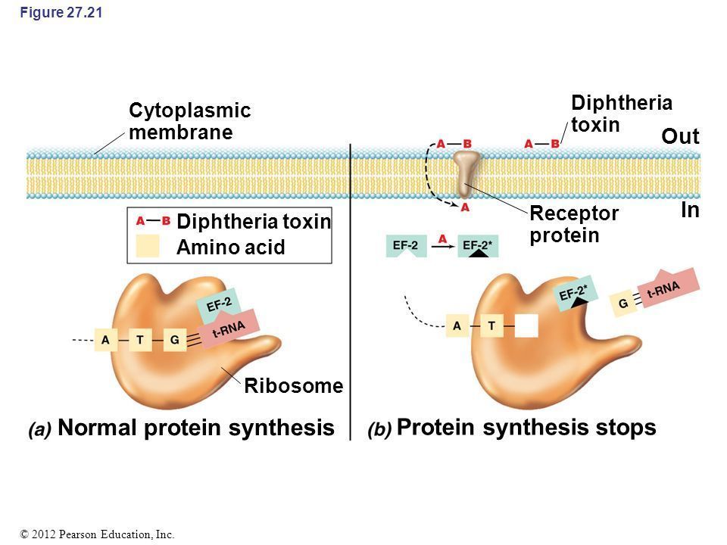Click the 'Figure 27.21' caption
coord(50,13)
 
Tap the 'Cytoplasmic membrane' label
coord(189,121)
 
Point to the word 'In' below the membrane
coord(689,211)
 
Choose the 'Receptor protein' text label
coord(573,225)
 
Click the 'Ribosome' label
coord(294,386)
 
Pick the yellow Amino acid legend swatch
coord(148,247)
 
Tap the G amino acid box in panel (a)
coord(174,341)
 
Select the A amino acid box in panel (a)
coord(105,341)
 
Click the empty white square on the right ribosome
coord(526,325)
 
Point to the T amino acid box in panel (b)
coord(491,325)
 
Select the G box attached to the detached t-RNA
coord(623,304)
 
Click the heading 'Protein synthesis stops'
coord(526,428)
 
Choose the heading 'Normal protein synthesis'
coord(195,428)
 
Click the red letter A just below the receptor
coord(465,206)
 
